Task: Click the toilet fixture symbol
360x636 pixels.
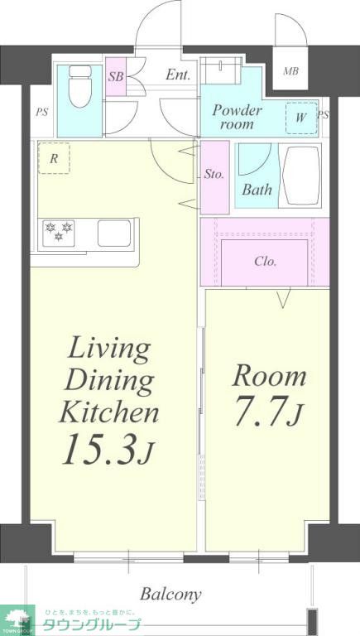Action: [80, 86]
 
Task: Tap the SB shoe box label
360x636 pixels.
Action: [116, 76]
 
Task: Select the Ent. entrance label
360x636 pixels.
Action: [178, 75]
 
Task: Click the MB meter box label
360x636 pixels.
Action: [290, 71]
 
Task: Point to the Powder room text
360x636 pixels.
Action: [238, 117]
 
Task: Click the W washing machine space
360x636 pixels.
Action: [300, 118]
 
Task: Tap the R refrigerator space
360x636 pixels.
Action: [54, 158]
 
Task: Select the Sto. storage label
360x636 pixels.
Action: [214, 175]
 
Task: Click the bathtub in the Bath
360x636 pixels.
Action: [302, 176]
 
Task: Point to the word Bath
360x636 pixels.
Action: [257, 190]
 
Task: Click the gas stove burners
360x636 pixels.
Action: [59, 233]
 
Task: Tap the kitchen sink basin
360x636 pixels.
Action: [114, 234]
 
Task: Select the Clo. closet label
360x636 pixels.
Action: [266, 262]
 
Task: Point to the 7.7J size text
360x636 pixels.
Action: [268, 412]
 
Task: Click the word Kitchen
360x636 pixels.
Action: [109, 412]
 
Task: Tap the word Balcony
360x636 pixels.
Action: [170, 595]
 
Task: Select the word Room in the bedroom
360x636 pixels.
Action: [269, 376]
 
